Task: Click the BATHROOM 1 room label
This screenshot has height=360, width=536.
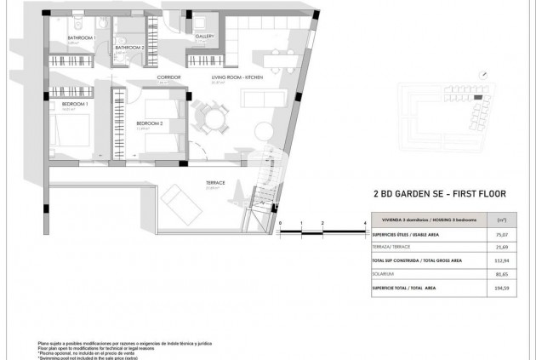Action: coord(82,38)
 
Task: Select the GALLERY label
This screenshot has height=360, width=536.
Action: coord(204,37)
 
